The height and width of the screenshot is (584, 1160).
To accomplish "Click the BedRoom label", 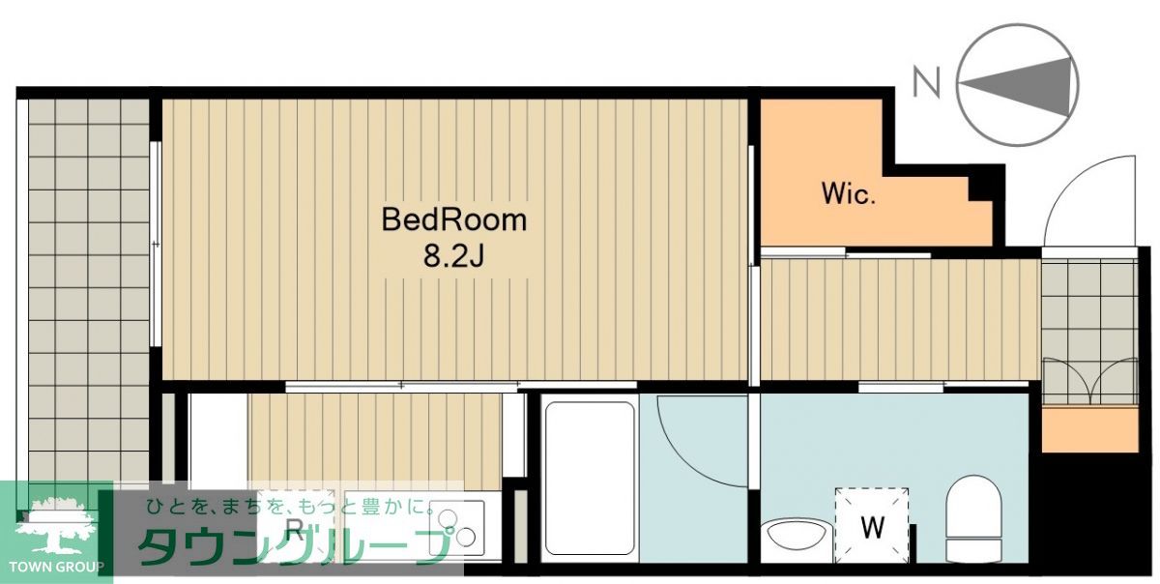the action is coord(454,219).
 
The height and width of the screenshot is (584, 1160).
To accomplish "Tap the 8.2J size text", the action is coord(453,255).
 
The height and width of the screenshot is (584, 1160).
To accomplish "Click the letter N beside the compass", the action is coord(926,84).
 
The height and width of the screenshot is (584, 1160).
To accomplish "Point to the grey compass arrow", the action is coord(1014,85).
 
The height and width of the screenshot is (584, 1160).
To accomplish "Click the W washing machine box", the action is coord(872,525).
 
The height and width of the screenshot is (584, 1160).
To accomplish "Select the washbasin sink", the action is coord(797,536).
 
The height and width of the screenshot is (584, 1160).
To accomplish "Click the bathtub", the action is coord(590,478).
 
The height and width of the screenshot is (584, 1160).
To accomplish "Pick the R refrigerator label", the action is coord(294,529).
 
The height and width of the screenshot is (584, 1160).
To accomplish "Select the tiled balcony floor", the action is coord(89,290).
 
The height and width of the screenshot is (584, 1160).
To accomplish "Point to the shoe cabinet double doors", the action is coord(1089,381).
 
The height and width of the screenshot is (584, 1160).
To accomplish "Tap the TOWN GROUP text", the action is coord(56,567).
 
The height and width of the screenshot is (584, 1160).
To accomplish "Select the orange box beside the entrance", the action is coord(1089,429).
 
